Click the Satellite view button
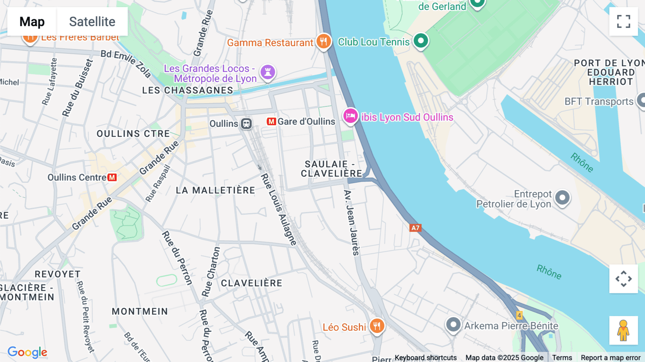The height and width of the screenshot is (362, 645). point(92,22)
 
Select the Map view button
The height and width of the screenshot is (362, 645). point(32,22)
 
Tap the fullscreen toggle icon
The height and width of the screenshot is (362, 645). point(623,22)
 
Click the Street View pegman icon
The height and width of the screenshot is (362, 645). point(623,330)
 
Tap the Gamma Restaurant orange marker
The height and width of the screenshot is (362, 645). point(323,42)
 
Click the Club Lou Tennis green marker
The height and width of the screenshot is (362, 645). point(421,41)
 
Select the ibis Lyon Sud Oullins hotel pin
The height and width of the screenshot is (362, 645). point(350,116)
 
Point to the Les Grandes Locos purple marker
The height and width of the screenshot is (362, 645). point(268,72)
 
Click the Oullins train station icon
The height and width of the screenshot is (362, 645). point(246,124)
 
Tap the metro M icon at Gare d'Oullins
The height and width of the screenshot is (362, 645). point(271,122)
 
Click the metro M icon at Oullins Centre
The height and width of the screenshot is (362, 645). point(112,177)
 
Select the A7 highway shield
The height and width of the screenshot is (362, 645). point(415,228)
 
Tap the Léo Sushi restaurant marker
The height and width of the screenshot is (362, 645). point(377,326)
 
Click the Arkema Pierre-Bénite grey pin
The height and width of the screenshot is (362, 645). point(453,324)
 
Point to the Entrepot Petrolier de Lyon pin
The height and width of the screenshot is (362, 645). point(562,197)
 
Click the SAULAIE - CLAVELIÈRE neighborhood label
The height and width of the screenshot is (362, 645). point(331,169)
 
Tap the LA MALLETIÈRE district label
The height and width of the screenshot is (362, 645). point(215,190)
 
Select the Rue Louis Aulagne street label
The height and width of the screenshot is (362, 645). point(278,210)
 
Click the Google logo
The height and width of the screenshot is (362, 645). point(27,352)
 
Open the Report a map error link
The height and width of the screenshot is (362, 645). point(610,358)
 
